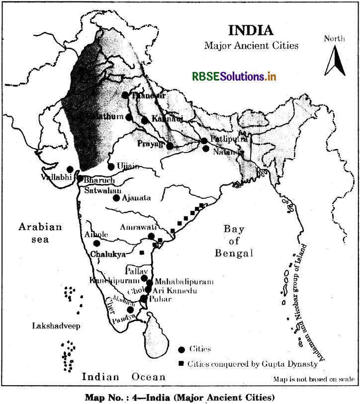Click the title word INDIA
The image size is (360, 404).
tap(251, 30)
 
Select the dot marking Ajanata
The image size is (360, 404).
tap(116, 198)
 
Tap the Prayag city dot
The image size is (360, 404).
tap(170, 146)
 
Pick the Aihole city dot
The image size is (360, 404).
tap(96, 243)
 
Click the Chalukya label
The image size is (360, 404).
tap(107, 253)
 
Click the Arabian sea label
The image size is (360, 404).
tap(40, 233)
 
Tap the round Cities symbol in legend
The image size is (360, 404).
tap(181, 349)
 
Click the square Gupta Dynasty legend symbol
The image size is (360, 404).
tap(181, 364)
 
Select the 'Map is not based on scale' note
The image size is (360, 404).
tap(314, 379)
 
